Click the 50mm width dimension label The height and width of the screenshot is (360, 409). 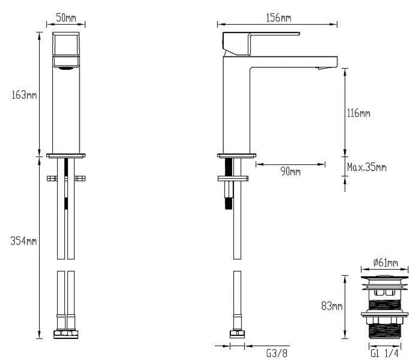point(66,18)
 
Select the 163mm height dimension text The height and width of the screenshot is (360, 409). point(24,95)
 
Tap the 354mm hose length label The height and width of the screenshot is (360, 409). point(23,241)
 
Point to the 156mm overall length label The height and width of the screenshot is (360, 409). point(278,18)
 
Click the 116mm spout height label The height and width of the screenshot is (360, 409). point(358,113)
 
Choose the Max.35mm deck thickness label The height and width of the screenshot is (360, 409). point(367,167)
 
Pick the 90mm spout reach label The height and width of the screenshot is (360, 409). point(290,171)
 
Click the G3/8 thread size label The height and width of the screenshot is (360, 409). point(277,353)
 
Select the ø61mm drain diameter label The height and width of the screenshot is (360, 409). point(386,262)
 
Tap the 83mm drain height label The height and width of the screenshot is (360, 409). point(332,306)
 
